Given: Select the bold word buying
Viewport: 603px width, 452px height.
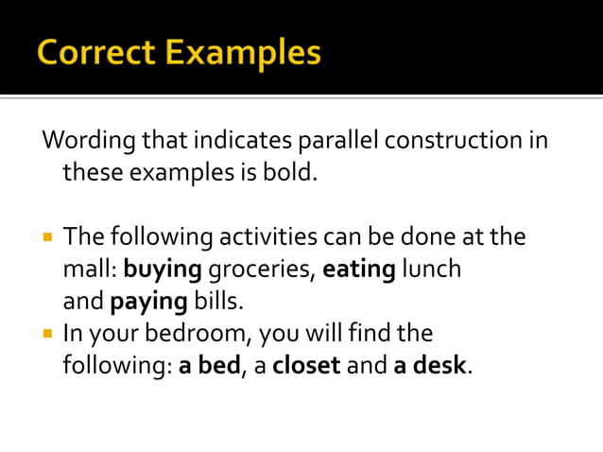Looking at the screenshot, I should (x=163, y=269).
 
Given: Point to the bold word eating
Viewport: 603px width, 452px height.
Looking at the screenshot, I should (x=359, y=269).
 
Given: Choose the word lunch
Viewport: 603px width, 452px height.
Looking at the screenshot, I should (x=431, y=269).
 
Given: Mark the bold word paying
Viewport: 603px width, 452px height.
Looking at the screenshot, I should (x=149, y=302).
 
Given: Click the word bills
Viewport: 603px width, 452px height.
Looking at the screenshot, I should (x=218, y=302).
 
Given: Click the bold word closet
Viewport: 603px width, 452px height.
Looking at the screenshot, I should (x=305, y=365).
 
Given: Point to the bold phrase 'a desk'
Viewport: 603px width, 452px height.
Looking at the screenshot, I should (x=430, y=365).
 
